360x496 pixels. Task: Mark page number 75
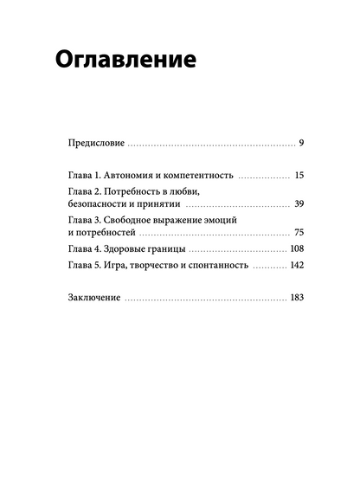tap(299, 233)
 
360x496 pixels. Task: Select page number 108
tap(296, 249)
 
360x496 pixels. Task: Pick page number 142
tap(296, 267)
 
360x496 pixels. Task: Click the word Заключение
tap(93, 300)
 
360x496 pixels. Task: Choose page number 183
tap(296, 300)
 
